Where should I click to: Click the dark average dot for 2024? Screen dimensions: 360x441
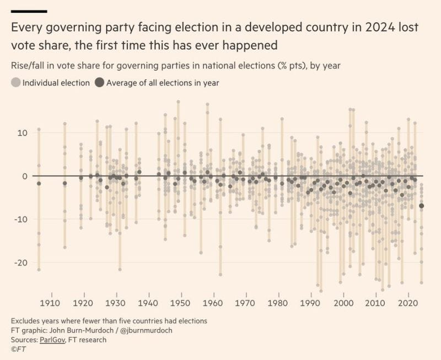(x=422, y=206)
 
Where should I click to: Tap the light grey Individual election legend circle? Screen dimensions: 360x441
(x=15, y=83)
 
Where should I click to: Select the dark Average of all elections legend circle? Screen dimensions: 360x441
(x=99, y=83)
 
